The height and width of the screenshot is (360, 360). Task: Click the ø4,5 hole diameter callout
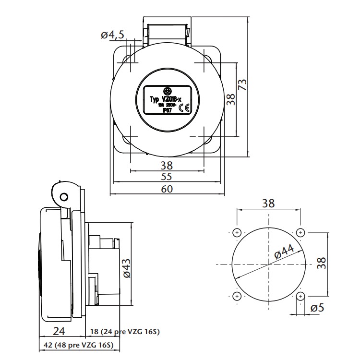pyautogui.click(x=113, y=35)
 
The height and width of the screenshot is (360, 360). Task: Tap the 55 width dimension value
pyautogui.click(x=167, y=176)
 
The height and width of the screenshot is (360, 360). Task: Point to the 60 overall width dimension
pyautogui.click(x=167, y=189)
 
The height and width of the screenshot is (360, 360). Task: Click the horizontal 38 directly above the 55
pyautogui.click(x=167, y=165)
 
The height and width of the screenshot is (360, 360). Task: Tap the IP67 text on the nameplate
pyautogui.click(x=168, y=111)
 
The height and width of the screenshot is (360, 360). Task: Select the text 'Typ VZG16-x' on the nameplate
pyautogui.click(x=163, y=99)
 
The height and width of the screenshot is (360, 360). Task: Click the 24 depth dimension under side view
pyautogui.click(x=59, y=331)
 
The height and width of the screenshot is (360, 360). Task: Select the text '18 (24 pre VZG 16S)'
pyautogui.click(x=124, y=332)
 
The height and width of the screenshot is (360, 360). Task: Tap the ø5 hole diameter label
pyautogui.click(x=317, y=308)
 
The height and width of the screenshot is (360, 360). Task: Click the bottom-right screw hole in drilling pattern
pyautogui.click(x=300, y=296)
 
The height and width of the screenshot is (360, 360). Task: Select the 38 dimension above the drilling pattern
pyautogui.click(x=268, y=203)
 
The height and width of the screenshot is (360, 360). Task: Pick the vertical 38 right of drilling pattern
pyautogui.click(x=322, y=263)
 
